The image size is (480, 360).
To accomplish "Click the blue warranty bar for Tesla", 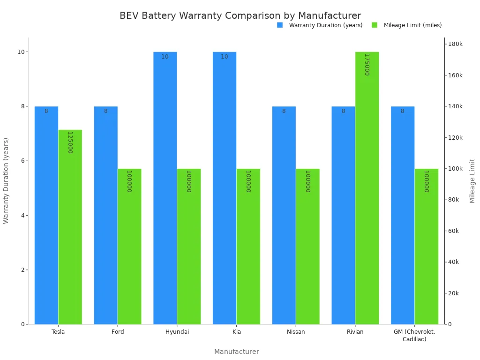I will pos(46,215).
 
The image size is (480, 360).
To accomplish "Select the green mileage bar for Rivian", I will pos(367,188).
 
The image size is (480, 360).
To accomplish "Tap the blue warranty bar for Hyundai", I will pos(165,188).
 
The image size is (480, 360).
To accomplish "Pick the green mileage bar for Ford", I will pos(129,246).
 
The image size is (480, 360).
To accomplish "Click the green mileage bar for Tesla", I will pos(70,227).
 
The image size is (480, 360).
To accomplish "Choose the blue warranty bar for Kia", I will pos(225,188).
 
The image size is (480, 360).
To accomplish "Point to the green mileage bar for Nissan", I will pos(307,246).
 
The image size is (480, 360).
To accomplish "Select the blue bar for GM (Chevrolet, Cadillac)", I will pos(403,215).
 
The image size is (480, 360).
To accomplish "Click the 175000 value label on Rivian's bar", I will pos(367,65).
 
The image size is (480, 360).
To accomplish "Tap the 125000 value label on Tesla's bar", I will pos(70,142).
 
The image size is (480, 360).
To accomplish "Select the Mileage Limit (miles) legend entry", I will pos(412,25).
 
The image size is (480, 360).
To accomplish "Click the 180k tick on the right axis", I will pos(455,44).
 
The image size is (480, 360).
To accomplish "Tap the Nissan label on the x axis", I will pos(296,332).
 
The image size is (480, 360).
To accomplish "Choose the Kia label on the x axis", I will pos(236,332).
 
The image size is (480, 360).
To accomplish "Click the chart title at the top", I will pos(240,15).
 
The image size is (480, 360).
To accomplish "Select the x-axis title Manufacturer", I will pos(236,352).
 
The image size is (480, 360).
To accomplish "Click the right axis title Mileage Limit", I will pos(472,180).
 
